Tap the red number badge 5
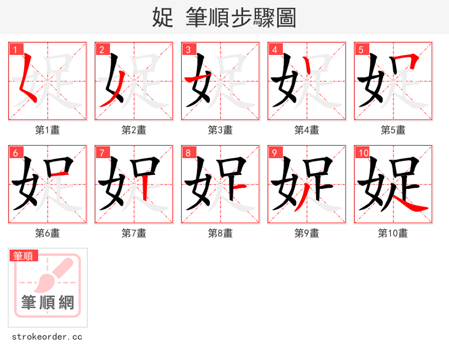(x=361, y=49)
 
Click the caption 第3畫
(x=220, y=130)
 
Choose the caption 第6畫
(x=47, y=233)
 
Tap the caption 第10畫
(x=393, y=233)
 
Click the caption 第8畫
(x=220, y=233)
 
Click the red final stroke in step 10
(x=410, y=205)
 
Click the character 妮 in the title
(x=162, y=17)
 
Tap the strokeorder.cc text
(x=47, y=337)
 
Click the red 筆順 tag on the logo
(x=24, y=256)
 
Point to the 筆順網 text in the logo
(x=48, y=303)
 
